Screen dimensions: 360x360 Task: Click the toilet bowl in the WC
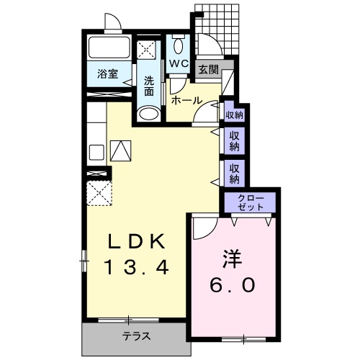click(178, 46)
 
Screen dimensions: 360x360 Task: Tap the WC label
click(179, 63)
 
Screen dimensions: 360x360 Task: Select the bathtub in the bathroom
click(109, 48)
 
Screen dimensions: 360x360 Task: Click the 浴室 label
click(107, 74)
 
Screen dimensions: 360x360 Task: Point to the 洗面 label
click(149, 86)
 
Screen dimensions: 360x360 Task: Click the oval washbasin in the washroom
click(149, 114)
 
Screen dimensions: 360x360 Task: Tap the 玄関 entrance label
click(208, 71)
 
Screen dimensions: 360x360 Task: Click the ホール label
click(186, 101)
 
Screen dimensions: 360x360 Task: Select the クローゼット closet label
click(251, 202)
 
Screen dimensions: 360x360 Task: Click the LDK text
click(137, 240)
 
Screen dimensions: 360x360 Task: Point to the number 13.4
click(137, 267)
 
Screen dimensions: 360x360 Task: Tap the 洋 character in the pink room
click(233, 259)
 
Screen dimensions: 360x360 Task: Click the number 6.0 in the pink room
click(233, 284)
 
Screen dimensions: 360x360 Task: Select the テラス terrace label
click(137, 336)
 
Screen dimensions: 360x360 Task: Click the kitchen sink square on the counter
click(96, 153)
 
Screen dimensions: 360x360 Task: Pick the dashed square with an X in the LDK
click(99, 193)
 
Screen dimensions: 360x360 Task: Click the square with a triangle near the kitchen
click(121, 150)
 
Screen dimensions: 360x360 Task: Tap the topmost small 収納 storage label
click(234, 115)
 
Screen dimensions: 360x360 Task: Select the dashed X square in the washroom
click(146, 50)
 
